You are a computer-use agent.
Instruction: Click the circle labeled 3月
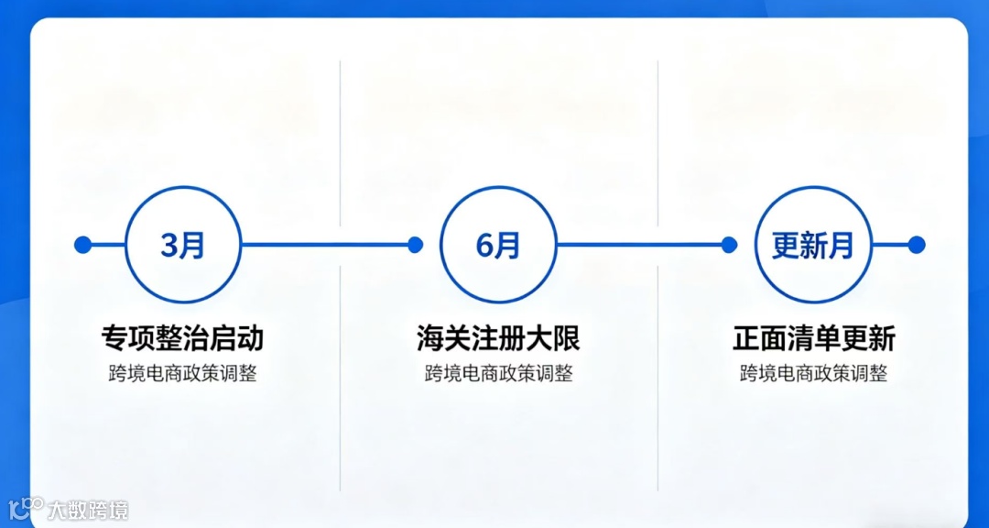click(182, 245)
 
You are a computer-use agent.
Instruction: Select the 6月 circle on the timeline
click(498, 245)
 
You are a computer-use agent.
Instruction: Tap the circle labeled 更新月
click(812, 245)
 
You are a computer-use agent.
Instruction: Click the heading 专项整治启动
click(182, 338)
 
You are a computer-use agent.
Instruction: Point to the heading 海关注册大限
click(498, 338)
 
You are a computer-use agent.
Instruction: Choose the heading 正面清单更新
click(813, 338)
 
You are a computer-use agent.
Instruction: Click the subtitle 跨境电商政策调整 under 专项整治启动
click(182, 374)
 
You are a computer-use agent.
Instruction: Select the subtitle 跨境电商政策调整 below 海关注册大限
click(498, 374)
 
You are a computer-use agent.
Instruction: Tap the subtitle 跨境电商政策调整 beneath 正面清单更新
click(813, 374)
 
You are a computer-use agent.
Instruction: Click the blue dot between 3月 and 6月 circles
click(415, 245)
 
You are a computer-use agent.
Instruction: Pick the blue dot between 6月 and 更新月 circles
click(729, 245)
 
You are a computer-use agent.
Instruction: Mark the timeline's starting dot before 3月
click(82, 245)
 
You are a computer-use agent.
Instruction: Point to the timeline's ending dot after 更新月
click(917, 245)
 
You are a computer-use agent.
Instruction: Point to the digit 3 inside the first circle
click(170, 246)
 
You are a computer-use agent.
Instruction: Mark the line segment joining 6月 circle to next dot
click(641, 245)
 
